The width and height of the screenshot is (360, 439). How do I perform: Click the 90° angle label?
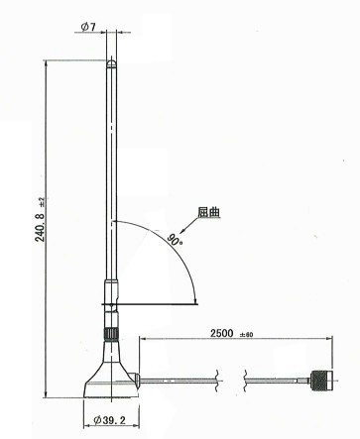click(175, 239)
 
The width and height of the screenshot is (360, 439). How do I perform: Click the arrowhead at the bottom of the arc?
click(194, 298)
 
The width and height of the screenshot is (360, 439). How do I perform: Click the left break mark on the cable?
click(216, 377)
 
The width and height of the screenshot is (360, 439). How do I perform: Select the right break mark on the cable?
click(243, 377)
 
